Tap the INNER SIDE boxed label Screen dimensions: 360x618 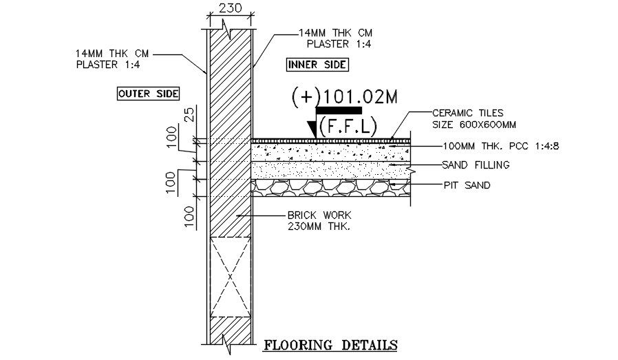317,65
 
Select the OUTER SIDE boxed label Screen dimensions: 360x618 148,94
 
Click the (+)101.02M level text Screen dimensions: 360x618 345,97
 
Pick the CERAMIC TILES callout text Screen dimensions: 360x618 467,112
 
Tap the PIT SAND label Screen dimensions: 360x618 467,184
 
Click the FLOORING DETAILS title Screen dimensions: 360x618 331,343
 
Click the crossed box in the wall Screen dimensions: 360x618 229,276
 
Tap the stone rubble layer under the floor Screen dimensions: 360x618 330,188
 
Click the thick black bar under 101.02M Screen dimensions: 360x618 339,110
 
